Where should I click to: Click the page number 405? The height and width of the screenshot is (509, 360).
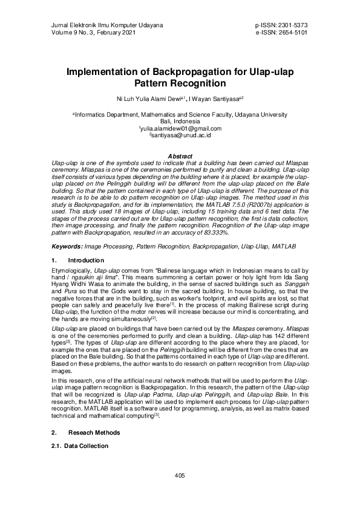[180, 476]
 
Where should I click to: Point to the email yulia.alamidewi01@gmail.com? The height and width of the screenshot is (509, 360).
[180, 128]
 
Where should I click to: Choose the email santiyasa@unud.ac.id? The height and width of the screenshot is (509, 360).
[180, 135]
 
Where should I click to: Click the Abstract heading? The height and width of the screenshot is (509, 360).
[180, 156]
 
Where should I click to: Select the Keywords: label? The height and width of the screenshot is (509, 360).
[67, 247]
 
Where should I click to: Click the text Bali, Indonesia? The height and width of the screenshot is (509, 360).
[180, 121]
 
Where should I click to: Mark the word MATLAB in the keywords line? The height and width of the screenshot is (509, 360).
[284, 247]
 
